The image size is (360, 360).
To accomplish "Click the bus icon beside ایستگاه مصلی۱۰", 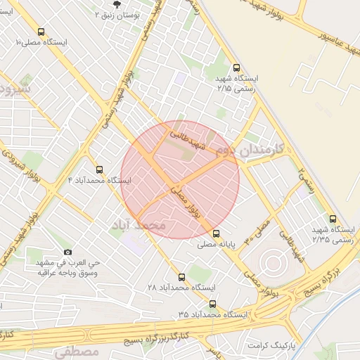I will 41,32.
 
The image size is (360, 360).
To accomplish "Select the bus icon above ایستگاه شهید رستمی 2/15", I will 236,67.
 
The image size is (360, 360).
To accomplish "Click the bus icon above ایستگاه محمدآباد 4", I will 98,169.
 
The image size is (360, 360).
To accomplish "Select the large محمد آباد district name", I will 138,226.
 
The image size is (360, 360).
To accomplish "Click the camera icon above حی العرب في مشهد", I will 67,252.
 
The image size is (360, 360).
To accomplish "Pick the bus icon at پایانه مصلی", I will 216,233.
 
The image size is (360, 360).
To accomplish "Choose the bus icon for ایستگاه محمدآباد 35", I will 213,304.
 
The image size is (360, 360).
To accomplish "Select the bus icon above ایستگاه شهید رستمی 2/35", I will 333,219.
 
